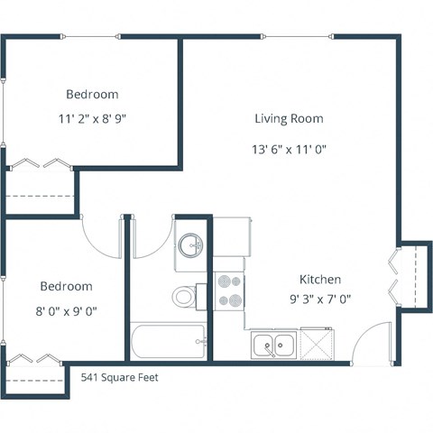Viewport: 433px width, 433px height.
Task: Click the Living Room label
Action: [288, 118]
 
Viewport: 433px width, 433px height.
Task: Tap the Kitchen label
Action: [320, 279]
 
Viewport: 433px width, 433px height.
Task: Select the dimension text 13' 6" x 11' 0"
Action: [288, 149]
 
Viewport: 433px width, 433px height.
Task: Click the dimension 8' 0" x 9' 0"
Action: [66, 311]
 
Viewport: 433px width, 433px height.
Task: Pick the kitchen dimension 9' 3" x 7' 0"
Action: [320, 299]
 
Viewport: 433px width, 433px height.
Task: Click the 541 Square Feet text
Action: [119, 378]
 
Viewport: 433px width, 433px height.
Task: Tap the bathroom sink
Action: [191, 245]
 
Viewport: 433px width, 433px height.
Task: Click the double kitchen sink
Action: [273, 344]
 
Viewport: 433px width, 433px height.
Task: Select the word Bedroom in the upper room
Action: [92, 94]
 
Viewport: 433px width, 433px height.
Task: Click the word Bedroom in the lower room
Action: [66, 286]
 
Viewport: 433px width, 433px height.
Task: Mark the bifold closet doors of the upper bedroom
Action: [39, 163]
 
